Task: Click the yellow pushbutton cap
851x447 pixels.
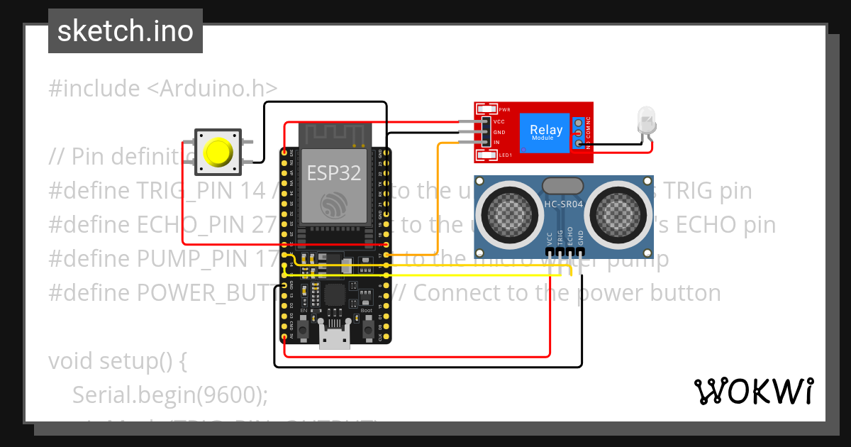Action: [218, 152]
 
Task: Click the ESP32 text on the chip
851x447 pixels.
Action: [333, 172]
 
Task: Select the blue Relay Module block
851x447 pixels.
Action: [546, 132]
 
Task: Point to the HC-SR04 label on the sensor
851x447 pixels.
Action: [562, 205]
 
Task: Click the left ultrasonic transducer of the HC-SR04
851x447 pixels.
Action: [507, 213]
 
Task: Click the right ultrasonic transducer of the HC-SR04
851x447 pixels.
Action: [618, 213]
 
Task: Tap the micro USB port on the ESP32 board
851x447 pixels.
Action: [335, 340]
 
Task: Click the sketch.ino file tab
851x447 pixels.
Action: [125, 31]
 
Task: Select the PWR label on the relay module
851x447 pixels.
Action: [505, 110]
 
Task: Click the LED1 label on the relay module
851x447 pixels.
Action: [505, 155]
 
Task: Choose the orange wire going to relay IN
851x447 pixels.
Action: [438, 199]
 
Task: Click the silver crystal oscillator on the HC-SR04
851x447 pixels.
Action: [562, 186]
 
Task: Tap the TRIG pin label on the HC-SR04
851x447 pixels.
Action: [560, 237]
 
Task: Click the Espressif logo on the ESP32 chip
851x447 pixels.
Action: [333, 204]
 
